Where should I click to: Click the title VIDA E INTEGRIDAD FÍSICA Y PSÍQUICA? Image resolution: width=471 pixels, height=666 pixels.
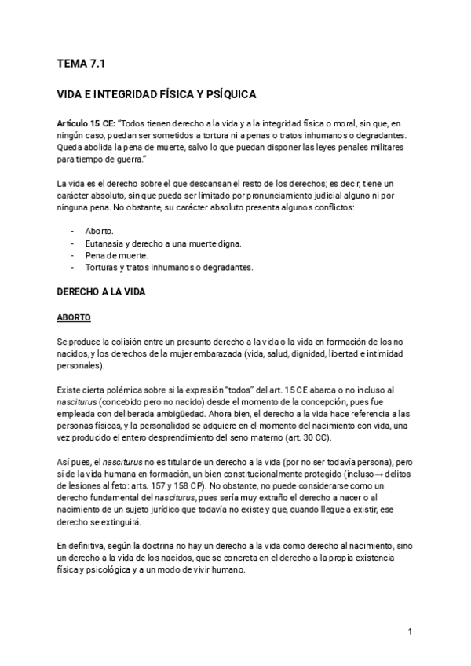click(157, 95)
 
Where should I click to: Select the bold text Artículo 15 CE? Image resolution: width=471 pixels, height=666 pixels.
click(88, 124)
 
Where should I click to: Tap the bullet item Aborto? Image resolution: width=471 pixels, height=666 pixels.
click(99, 232)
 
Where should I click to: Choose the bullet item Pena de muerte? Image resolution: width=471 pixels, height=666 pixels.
click(116, 255)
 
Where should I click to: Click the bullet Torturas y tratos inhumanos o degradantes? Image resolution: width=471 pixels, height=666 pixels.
click(169, 267)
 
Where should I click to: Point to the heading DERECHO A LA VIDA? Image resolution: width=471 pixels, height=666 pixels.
click(102, 291)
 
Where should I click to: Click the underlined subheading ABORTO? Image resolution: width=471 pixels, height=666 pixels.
click(75, 317)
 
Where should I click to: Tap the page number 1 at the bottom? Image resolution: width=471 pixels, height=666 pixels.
click(410, 631)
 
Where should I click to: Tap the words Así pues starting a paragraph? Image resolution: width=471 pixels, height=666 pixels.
click(75, 461)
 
